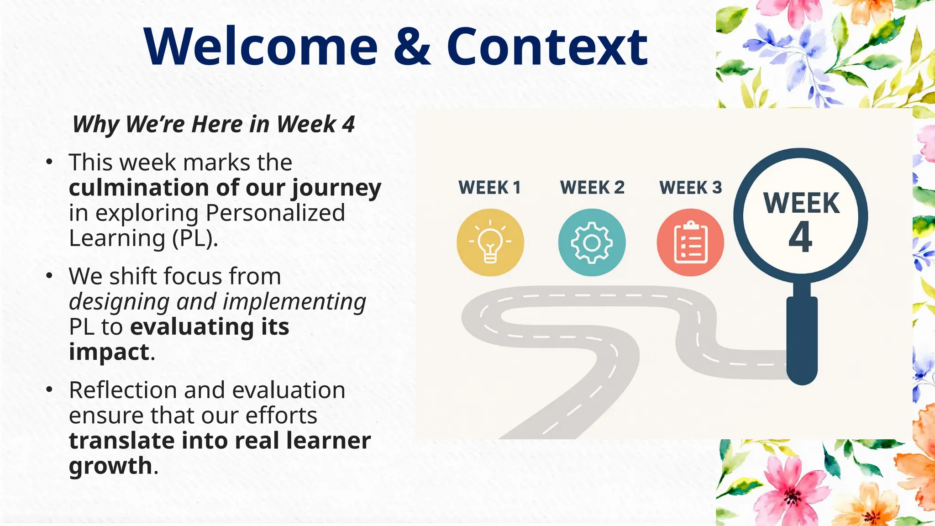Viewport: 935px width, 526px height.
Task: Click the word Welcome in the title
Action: [x=261, y=47]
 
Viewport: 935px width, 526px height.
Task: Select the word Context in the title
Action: [x=546, y=47]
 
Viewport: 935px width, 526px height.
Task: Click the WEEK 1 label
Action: [x=489, y=188]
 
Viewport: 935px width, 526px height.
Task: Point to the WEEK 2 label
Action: [x=592, y=188]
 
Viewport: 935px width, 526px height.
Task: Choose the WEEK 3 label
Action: [x=691, y=188]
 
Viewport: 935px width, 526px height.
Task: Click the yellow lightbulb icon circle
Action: [x=490, y=242]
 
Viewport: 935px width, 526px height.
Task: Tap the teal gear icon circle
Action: [x=592, y=242]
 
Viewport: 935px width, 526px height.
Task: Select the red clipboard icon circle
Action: [x=690, y=242]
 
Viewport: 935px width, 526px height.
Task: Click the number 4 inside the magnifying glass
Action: [x=800, y=237]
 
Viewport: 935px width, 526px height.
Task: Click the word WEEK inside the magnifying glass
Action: [x=801, y=203]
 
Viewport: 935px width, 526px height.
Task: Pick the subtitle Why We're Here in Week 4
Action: [x=213, y=124]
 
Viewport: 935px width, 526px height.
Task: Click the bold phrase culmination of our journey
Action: [x=225, y=188]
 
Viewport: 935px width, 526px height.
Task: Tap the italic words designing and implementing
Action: [x=217, y=302]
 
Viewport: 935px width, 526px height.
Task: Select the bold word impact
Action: [x=109, y=352]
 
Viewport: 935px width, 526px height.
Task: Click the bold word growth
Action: [x=110, y=466]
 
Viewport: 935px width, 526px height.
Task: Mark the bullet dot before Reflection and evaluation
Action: [x=49, y=390]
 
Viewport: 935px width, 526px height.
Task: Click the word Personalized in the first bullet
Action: [x=275, y=213]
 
